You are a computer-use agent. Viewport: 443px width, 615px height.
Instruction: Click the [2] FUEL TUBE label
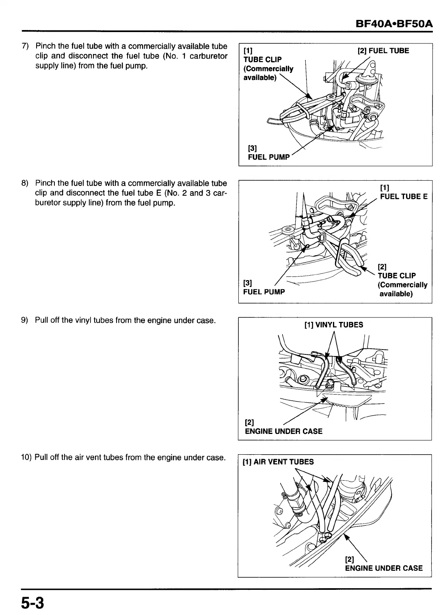pos(383,51)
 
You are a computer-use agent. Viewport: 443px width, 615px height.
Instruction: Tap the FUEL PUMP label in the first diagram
pos(269,157)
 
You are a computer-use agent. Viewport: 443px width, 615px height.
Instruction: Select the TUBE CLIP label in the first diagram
pos(262,60)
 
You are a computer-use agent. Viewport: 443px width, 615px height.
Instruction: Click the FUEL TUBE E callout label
pos(404,196)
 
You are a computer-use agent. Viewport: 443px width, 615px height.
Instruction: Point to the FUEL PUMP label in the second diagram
pos(264,292)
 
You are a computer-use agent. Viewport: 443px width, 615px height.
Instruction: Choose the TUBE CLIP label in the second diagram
pos(397,276)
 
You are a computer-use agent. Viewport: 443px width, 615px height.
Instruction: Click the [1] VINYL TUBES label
pos(333,325)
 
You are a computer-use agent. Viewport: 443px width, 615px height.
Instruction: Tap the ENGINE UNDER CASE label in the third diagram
pos(283,431)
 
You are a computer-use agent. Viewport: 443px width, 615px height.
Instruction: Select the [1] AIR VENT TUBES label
pos(278,462)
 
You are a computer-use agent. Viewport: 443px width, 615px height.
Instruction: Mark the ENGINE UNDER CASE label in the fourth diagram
pos(384,568)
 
